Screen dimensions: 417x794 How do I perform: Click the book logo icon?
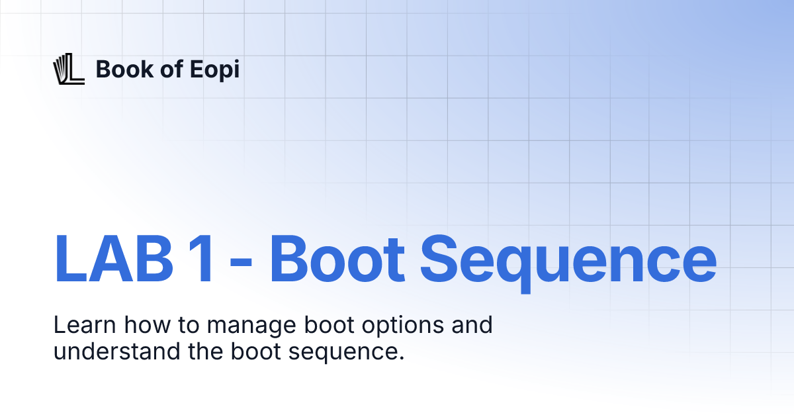(x=68, y=69)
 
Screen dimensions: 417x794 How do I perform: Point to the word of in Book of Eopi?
(x=171, y=69)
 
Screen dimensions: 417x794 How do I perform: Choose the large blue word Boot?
(x=337, y=258)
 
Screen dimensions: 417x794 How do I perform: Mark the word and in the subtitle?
(x=474, y=326)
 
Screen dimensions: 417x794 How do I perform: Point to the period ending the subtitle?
(x=401, y=358)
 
